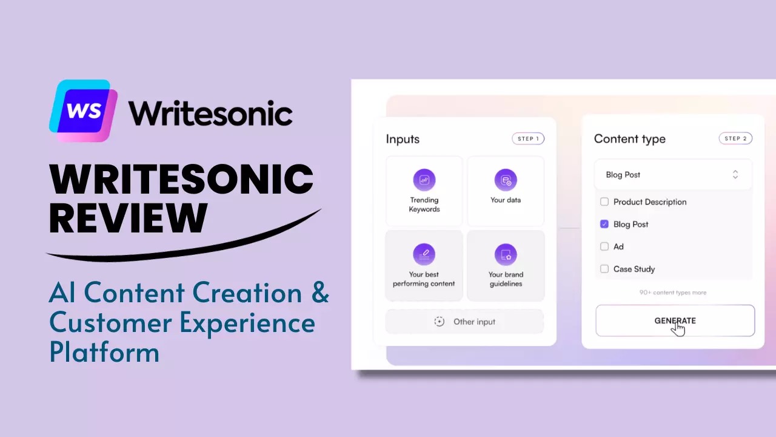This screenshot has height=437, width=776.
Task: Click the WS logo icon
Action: (x=83, y=110)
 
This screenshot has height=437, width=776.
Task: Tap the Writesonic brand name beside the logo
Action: (x=210, y=113)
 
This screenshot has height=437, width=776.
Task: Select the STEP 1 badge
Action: (x=528, y=139)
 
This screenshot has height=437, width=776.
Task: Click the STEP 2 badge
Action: (x=735, y=138)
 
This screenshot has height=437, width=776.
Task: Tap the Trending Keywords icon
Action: (x=424, y=180)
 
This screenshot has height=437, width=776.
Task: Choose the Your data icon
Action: (x=506, y=180)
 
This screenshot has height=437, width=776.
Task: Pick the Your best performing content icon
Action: (x=424, y=254)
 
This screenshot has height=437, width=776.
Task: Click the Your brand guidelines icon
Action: (x=506, y=254)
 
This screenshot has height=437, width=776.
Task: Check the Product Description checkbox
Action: (x=604, y=202)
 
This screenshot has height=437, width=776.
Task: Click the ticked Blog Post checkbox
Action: (x=604, y=224)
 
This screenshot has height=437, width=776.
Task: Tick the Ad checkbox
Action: (x=604, y=246)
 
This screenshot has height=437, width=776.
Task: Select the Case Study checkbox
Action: (x=604, y=269)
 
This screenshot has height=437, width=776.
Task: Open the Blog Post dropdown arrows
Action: (x=735, y=174)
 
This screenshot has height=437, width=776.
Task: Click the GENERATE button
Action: (x=675, y=320)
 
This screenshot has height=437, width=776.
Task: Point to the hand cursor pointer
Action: (x=678, y=328)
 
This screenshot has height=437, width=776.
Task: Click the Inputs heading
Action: (x=403, y=139)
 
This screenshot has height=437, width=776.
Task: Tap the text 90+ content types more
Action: (x=673, y=293)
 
